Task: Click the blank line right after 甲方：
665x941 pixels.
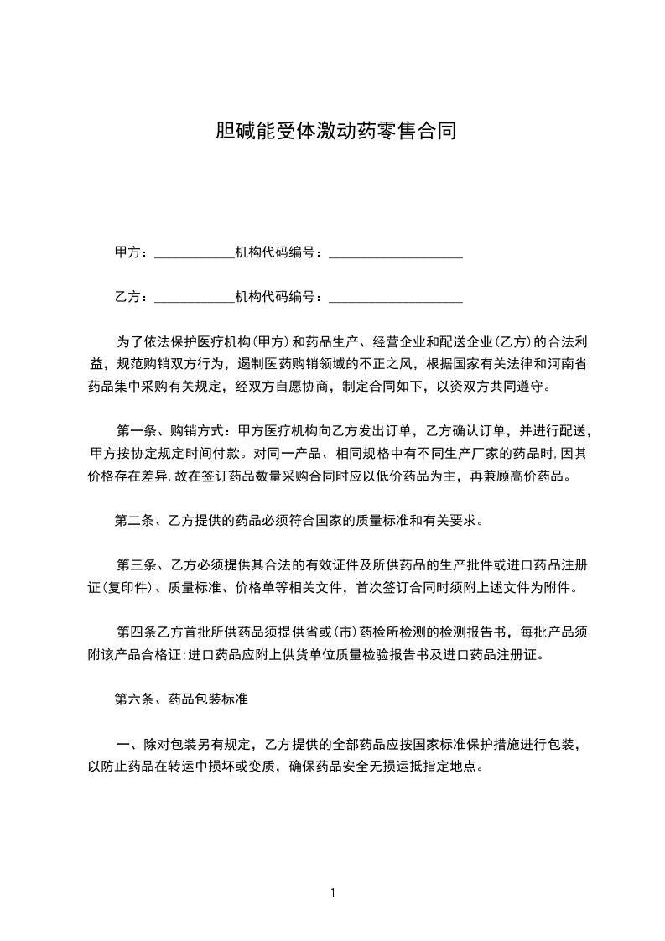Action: [195, 253]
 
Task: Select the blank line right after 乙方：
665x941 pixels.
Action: [195, 298]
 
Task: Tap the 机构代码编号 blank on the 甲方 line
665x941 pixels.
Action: [395, 253]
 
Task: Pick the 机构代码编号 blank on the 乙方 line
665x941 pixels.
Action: [395, 298]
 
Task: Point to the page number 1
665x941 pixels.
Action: [333, 893]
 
